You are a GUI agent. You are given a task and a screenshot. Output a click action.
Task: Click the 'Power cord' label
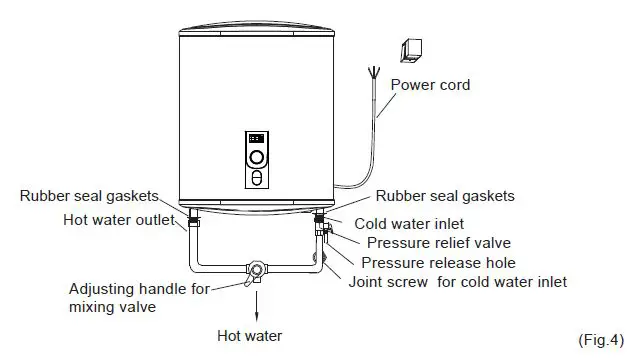pos(430,85)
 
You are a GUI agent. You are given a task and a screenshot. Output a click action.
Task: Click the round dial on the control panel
pos(258,157)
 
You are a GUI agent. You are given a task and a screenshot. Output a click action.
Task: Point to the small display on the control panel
pos(256,138)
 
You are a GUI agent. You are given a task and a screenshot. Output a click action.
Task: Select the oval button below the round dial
pos(258,177)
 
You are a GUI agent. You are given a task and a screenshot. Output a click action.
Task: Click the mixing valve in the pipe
pos(257,270)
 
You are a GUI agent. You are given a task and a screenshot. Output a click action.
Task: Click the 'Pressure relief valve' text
pos(439,243)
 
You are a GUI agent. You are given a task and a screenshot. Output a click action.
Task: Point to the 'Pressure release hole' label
pos(438,262)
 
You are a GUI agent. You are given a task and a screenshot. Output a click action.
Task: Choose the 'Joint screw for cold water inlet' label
pos(457,282)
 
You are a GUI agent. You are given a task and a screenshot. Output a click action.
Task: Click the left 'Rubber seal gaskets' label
pos(87,196)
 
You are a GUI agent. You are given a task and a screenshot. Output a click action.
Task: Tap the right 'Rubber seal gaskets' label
pos(444,196)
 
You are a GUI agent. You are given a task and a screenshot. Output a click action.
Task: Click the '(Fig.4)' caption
pos(601,341)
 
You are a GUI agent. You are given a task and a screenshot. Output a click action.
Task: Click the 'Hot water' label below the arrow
pos(249,336)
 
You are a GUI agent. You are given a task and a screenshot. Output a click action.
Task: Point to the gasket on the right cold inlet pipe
pos(320,216)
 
